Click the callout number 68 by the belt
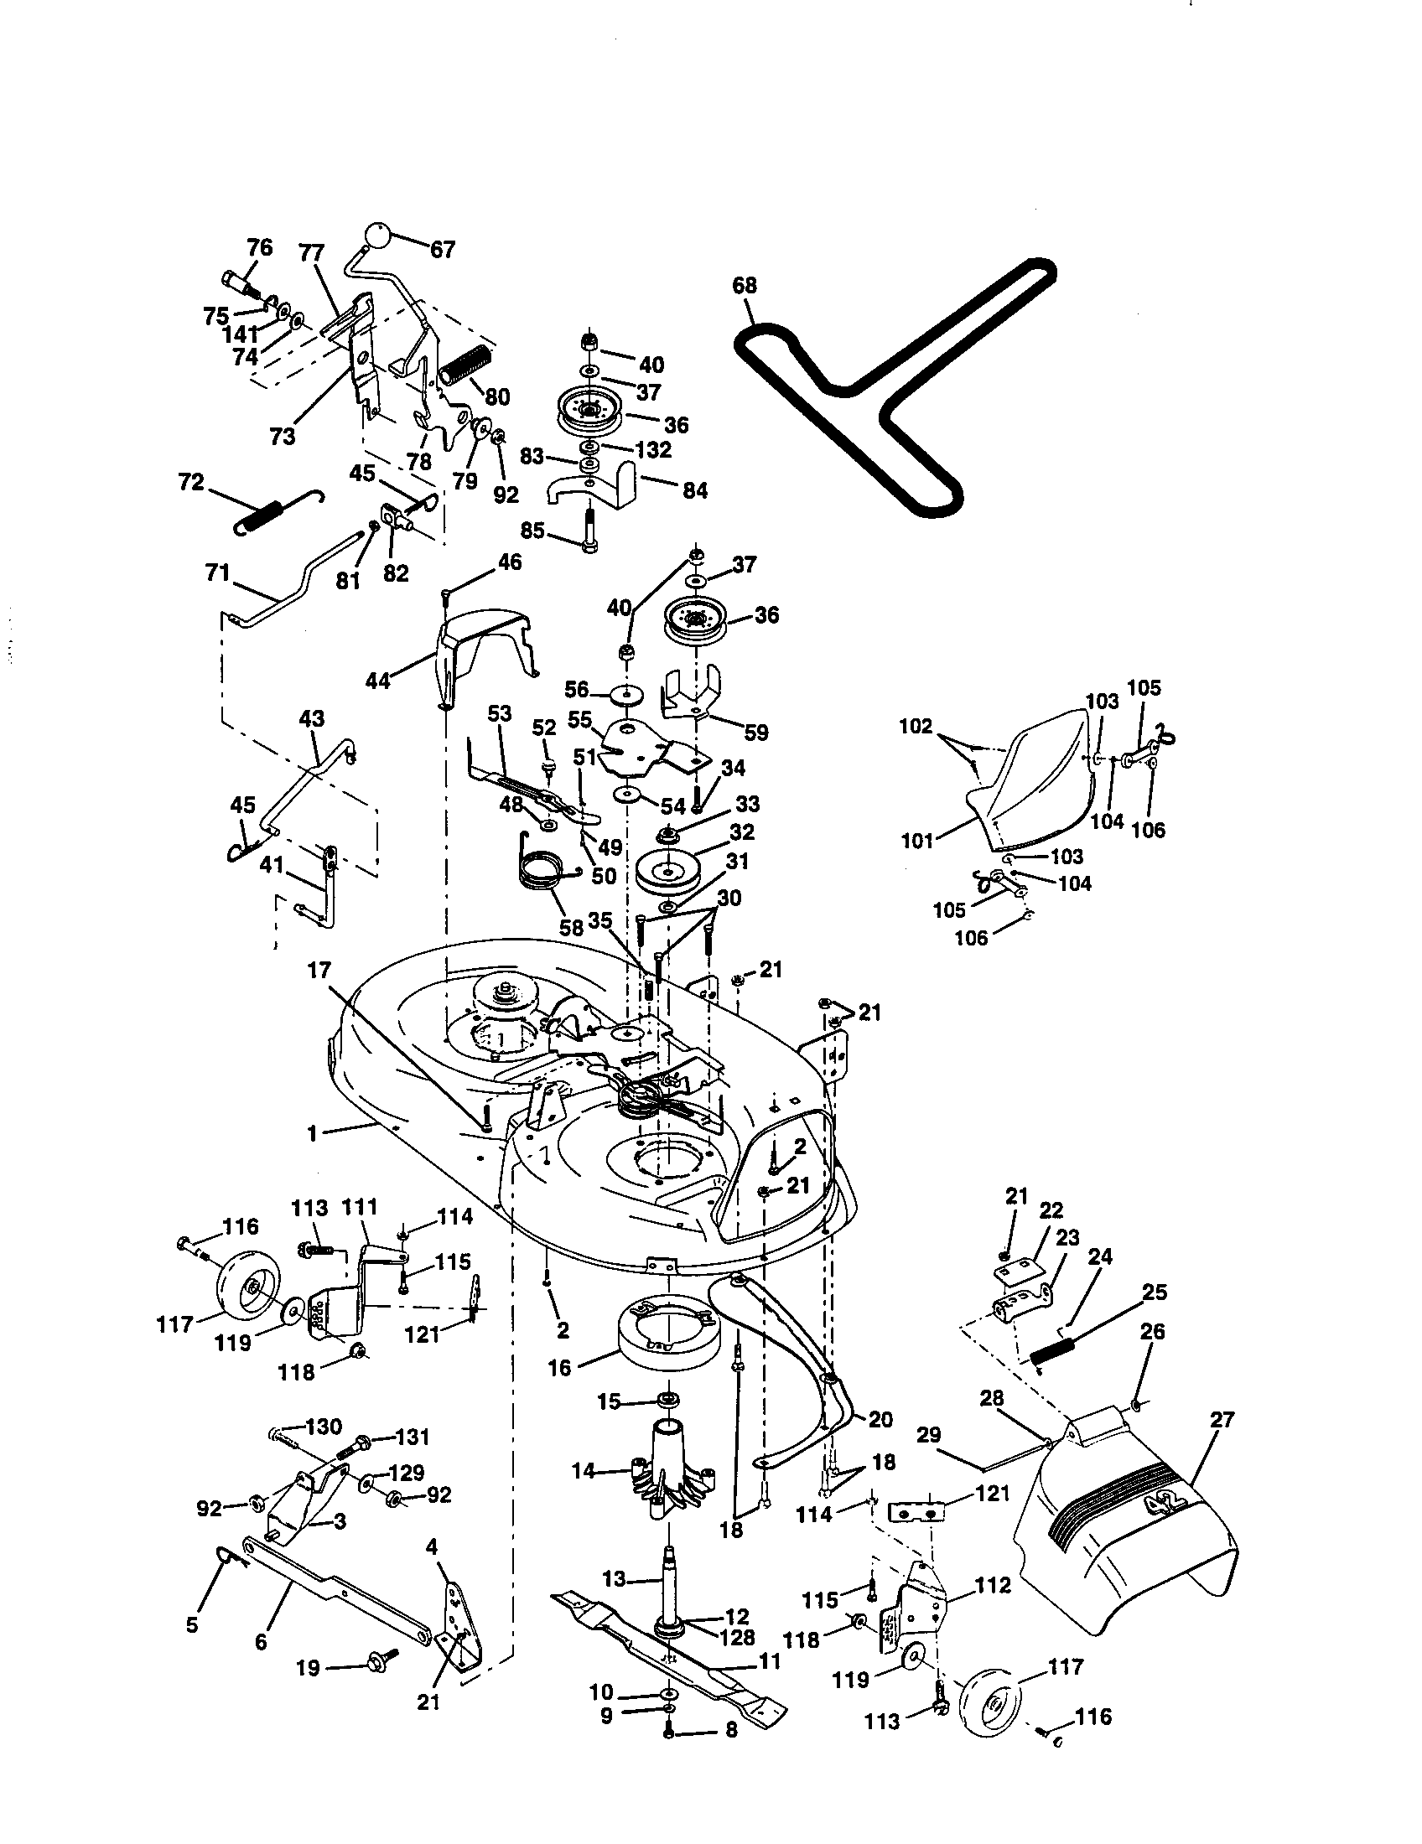tap(745, 285)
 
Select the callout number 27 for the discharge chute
tap(1222, 1419)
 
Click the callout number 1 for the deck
tap(312, 1134)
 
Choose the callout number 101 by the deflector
tap(918, 840)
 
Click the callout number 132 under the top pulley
tap(654, 449)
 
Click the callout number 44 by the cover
tap(378, 680)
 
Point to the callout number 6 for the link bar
tap(260, 1640)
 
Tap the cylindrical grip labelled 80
tap(464, 365)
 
